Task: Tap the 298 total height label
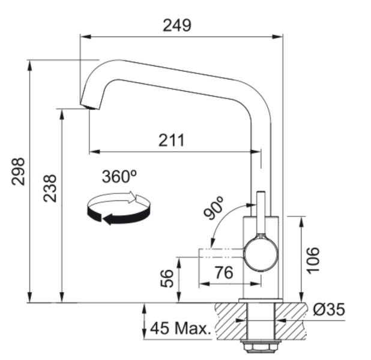(17, 172)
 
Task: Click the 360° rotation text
(119, 176)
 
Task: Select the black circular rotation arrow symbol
(118, 208)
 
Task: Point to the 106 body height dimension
(313, 260)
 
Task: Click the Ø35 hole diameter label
(329, 310)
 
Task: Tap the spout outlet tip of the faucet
(88, 106)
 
